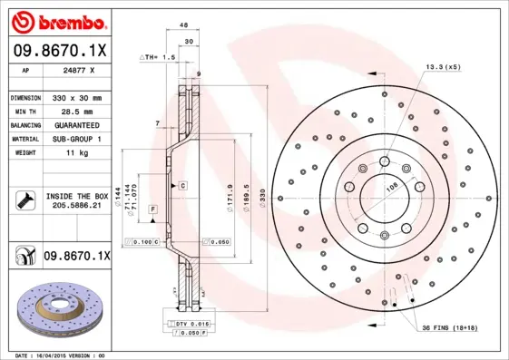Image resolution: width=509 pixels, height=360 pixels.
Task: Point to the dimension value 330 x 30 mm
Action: (x=76, y=96)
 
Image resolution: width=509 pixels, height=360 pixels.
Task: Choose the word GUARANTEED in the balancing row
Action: (x=76, y=124)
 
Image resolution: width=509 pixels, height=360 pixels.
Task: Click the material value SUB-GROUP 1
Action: (x=76, y=139)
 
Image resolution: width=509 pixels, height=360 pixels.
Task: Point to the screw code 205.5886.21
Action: (x=76, y=206)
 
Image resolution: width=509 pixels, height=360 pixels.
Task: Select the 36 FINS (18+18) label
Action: (x=449, y=327)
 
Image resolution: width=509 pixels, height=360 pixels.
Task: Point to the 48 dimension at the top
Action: (x=182, y=25)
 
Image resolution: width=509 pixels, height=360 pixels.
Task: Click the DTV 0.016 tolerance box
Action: (x=185, y=325)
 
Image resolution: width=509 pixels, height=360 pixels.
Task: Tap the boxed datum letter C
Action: (x=182, y=185)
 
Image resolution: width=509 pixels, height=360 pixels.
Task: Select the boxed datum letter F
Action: (x=153, y=209)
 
